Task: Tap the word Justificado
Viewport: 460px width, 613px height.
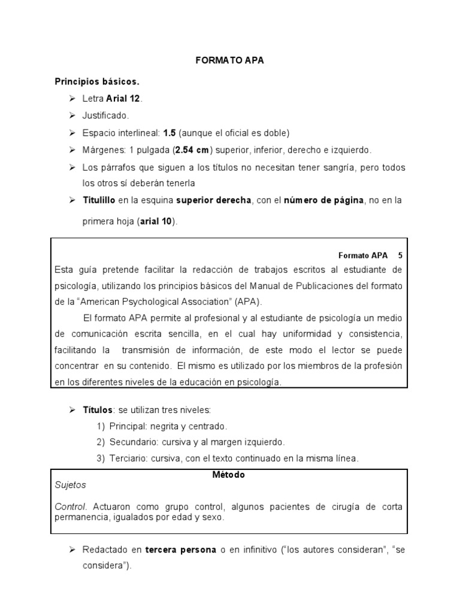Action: tap(105, 116)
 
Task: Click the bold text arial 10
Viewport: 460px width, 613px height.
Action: tap(157, 221)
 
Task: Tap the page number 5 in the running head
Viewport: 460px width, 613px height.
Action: tap(400, 254)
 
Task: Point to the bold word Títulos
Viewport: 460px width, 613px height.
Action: tap(97, 410)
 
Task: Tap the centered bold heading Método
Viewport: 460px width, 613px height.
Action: tap(229, 474)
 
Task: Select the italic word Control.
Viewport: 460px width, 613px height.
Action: tap(71, 506)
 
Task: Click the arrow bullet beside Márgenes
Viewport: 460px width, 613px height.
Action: tap(72, 150)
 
